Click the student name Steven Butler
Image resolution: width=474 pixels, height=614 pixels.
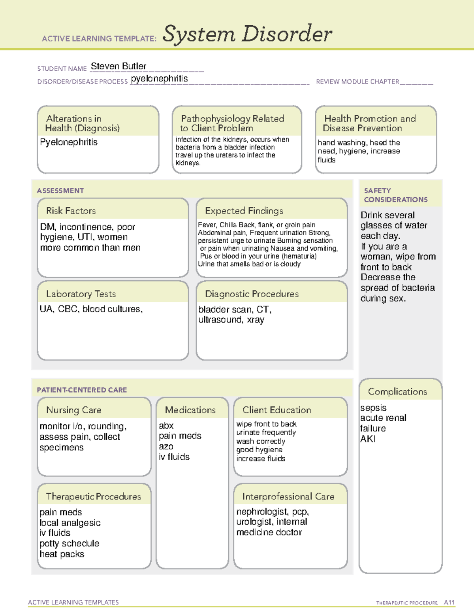click(x=118, y=66)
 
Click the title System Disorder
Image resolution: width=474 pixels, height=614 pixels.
click(x=247, y=34)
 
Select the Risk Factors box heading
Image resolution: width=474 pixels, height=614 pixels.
click(x=71, y=211)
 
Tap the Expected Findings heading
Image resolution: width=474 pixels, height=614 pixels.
click(x=244, y=211)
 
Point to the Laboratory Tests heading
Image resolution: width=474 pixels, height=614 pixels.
click(x=81, y=294)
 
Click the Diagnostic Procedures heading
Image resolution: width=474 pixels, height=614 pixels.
click(x=252, y=294)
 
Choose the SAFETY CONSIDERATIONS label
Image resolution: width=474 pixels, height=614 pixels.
click(x=395, y=195)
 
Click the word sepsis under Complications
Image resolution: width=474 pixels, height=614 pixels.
click(x=373, y=408)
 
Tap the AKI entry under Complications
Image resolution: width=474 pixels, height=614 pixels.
click(x=368, y=439)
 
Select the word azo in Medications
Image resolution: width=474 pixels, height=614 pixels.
click(x=166, y=446)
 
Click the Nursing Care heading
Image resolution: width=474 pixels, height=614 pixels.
click(x=73, y=410)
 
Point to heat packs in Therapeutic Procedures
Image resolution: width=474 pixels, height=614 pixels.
click(x=62, y=554)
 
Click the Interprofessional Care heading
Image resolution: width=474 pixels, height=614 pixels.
click(x=288, y=496)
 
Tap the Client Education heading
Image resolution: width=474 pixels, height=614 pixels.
click(x=276, y=410)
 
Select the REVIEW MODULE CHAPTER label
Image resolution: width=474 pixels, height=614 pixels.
click(x=357, y=81)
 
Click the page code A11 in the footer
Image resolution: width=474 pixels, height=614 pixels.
click(x=449, y=602)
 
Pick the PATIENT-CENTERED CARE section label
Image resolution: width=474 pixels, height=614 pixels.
click(x=82, y=390)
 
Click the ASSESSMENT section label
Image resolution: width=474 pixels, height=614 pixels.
click(x=60, y=191)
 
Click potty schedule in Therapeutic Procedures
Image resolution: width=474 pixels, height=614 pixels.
click(x=69, y=543)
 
